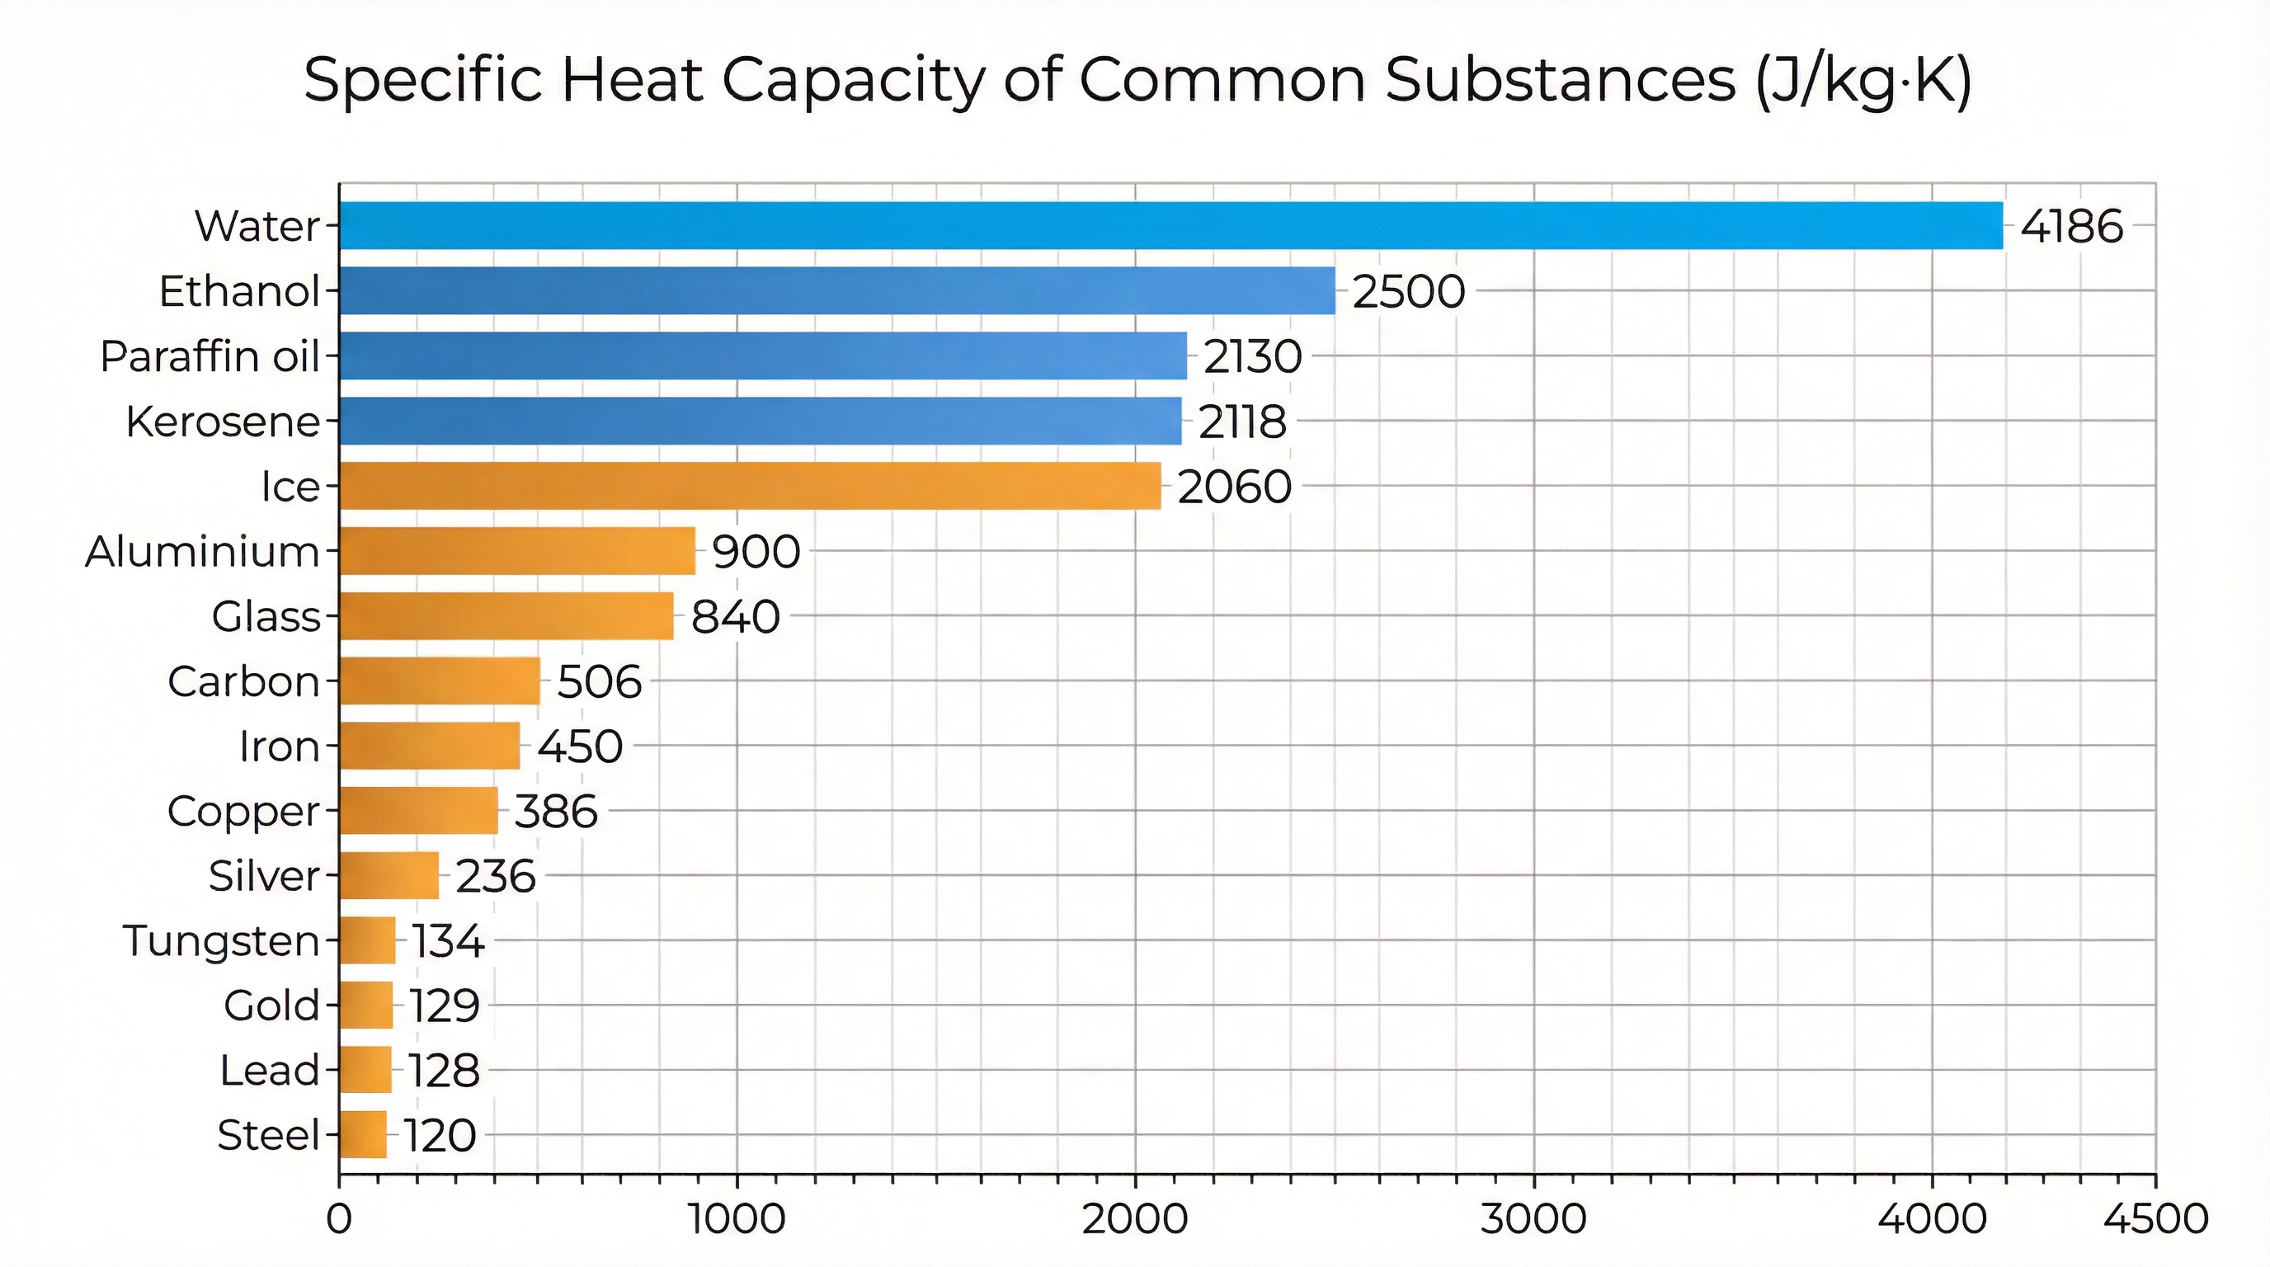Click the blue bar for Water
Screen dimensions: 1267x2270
pos(1170,225)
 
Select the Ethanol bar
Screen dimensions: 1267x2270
pos(837,290)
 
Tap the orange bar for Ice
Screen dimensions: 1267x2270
pos(749,486)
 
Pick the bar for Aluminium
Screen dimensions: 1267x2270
pos(516,551)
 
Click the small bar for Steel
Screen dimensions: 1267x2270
pos(362,1134)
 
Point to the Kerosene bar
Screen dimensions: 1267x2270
pos(760,422)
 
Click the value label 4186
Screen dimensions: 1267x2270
pos(2071,228)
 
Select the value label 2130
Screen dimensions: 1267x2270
pos(1252,357)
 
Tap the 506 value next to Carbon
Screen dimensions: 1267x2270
pos(599,682)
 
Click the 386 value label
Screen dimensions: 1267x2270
pos(556,812)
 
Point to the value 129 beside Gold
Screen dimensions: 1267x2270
pos(444,1006)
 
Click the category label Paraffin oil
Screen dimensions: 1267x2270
pos(210,357)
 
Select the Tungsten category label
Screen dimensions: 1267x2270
pos(221,940)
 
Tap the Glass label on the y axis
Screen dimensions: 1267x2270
pos(266,616)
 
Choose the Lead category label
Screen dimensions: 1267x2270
pos(269,1071)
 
